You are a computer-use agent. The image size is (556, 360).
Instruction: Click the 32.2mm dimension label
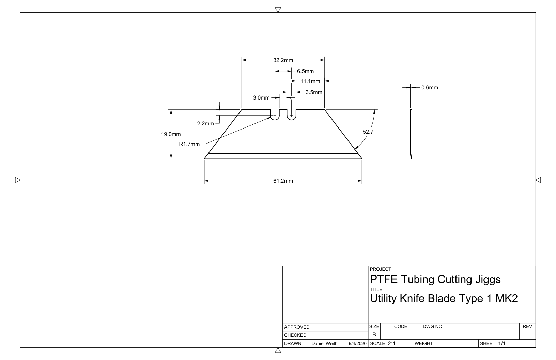click(x=283, y=60)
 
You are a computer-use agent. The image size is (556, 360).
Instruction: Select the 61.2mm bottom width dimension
click(x=283, y=181)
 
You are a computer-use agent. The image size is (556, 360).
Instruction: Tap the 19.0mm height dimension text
click(x=171, y=134)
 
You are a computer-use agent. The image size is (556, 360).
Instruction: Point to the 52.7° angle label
click(x=369, y=132)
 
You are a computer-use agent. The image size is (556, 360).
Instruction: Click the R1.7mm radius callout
click(x=189, y=144)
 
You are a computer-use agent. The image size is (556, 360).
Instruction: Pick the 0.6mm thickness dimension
click(x=430, y=88)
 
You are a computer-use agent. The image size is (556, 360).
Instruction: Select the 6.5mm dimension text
click(x=305, y=71)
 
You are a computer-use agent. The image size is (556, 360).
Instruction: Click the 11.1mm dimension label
click(x=310, y=81)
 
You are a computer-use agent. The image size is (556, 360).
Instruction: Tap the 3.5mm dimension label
click(x=314, y=92)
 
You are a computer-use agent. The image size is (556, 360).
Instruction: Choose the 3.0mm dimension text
click(x=261, y=97)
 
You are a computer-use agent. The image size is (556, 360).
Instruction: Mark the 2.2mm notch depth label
click(x=205, y=123)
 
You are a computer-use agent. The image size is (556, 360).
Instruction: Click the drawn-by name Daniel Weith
click(x=324, y=343)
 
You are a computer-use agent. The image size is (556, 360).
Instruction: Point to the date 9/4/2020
click(x=357, y=343)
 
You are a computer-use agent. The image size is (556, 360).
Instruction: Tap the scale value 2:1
click(x=391, y=343)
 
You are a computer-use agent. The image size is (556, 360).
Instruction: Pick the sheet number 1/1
click(x=501, y=343)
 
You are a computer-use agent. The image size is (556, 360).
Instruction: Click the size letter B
click(x=374, y=335)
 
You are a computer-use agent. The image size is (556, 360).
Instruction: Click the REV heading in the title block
click(x=527, y=326)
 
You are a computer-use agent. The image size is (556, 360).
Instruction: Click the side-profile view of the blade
click(x=411, y=134)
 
